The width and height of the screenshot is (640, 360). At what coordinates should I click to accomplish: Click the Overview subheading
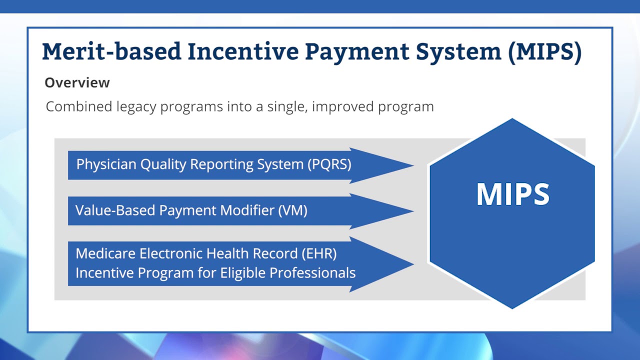point(77,82)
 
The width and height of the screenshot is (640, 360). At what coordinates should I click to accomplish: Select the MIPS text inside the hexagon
point(512,194)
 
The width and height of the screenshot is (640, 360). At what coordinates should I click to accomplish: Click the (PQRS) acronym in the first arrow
point(329,164)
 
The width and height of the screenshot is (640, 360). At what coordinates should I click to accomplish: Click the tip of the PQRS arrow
point(412,165)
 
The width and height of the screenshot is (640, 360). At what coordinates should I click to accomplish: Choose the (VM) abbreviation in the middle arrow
point(292,210)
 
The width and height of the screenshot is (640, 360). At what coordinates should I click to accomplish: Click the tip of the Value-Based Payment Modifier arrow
point(412,211)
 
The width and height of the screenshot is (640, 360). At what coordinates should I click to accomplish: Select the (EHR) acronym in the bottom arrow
point(319,253)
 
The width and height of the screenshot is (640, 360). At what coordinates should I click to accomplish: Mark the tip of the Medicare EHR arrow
point(412,264)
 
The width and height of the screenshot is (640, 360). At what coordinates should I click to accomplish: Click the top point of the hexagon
point(512,119)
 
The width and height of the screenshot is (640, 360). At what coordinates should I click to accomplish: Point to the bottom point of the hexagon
point(512,308)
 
